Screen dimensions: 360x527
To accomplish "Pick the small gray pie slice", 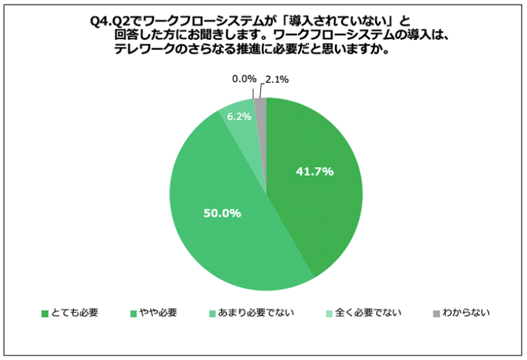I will click(261, 104).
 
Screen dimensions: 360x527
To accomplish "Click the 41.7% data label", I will click(315, 171).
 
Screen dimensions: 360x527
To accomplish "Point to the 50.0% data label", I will click(222, 213).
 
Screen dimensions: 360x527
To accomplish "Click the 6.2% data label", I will click(239, 116).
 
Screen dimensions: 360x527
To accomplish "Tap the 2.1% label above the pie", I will click(277, 80).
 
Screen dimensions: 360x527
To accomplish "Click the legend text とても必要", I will click(74, 313).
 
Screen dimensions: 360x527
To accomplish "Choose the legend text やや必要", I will click(158, 313).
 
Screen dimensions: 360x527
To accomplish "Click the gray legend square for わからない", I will click(437, 313).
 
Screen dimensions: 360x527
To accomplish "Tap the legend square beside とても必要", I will click(44, 313).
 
